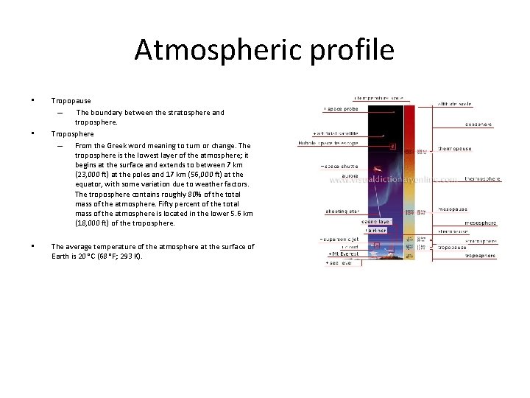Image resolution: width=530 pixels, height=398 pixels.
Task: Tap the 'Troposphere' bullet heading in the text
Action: (x=72, y=134)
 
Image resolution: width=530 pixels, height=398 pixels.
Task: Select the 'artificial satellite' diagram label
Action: (x=336, y=133)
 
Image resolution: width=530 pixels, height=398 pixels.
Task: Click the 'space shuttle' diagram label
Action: (x=339, y=167)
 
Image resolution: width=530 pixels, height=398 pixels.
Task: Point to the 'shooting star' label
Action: (x=342, y=212)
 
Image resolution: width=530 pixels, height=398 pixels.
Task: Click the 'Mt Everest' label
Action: (x=345, y=255)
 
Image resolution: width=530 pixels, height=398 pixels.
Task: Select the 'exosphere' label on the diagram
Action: (x=478, y=125)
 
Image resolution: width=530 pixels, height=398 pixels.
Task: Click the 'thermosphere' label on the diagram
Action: (x=483, y=179)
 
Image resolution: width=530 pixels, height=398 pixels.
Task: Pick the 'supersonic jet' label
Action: (x=339, y=240)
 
